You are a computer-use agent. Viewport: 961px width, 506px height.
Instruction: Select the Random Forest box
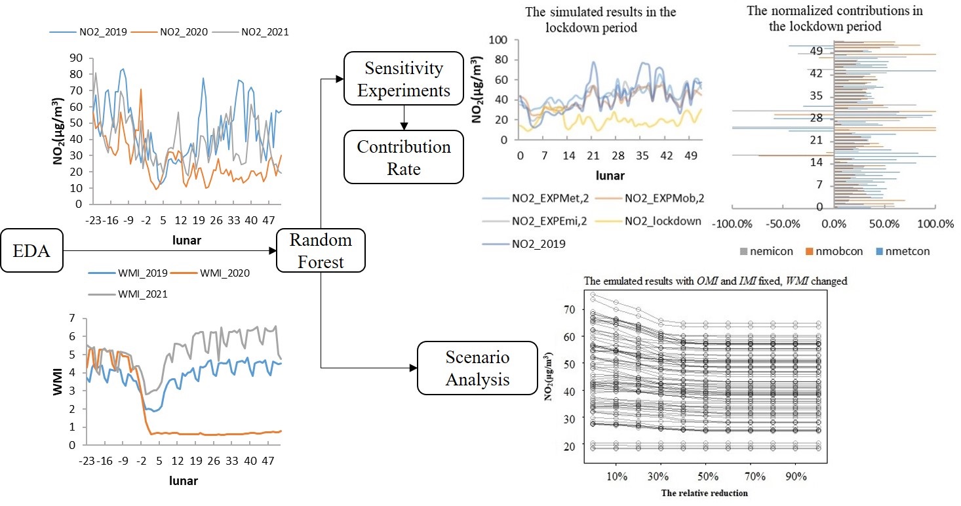point(321,250)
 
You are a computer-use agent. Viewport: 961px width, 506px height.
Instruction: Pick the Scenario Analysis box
point(477,368)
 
